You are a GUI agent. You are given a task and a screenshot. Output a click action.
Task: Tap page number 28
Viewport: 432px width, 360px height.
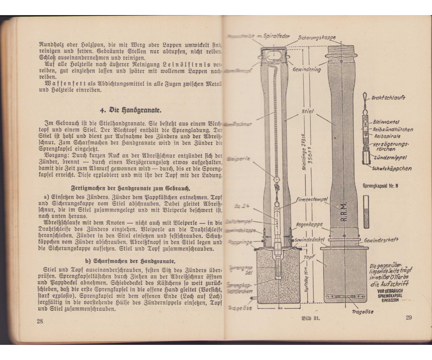point(40,321)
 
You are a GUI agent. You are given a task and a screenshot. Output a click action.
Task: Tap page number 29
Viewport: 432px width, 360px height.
point(409,317)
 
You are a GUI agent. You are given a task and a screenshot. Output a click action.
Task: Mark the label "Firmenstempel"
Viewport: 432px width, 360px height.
point(311,199)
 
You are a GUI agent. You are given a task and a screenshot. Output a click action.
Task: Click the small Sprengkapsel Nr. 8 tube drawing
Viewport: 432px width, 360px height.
point(366,212)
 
